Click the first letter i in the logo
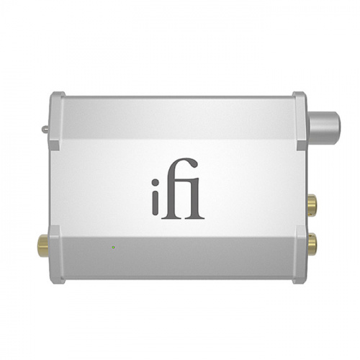click(x=163, y=202)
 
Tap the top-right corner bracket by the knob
click(x=298, y=108)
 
